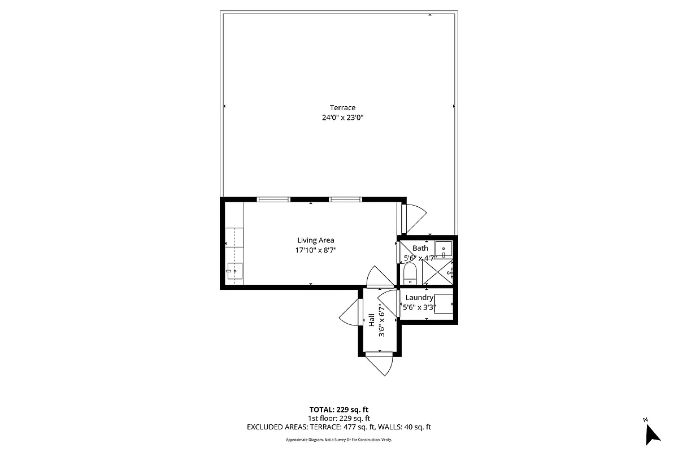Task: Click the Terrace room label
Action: click(x=342, y=108)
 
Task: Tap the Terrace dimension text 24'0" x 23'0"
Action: click(x=342, y=118)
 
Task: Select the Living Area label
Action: click(x=316, y=240)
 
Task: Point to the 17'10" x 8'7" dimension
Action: click(x=316, y=250)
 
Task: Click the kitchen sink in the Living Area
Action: click(x=234, y=271)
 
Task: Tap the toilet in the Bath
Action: click(x=410, y=275)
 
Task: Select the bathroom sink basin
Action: click(x=444, y=249)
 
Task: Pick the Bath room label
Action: click(x=420, y=248)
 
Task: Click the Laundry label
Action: click(x=419, y=298)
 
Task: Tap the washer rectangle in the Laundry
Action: click(x=444, y=303)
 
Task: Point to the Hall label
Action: click(x=372, y=320)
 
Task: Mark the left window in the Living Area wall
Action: click(x=273, y=199)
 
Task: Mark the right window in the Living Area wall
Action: click(x=345, y=199)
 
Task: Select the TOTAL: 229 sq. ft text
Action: click(x=339, y=410)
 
